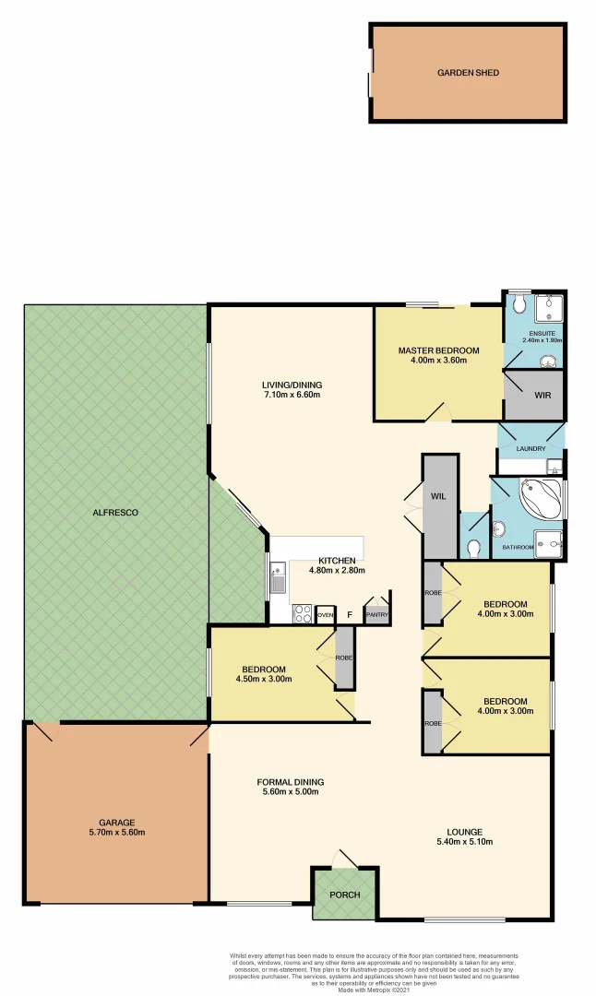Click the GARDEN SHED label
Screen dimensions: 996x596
pos(468,72)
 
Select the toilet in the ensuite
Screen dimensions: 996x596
pos(518,303)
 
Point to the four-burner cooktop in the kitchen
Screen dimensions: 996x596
pos(302,613)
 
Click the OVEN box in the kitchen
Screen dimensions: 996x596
pos(325,614)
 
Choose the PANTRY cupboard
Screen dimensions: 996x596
pos(376,614)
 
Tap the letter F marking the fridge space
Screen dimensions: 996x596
pos(349,614)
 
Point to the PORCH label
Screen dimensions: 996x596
pos(345,895)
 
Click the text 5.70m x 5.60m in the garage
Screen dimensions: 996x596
pos(117,833)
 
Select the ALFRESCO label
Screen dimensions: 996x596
pos(115,512)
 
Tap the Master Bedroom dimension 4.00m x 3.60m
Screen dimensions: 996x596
pos(438,361)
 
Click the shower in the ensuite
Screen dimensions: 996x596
pos(550,305)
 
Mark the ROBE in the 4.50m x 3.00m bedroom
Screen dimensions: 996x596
pos(344,658)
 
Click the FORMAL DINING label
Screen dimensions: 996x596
pos(290,782)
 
